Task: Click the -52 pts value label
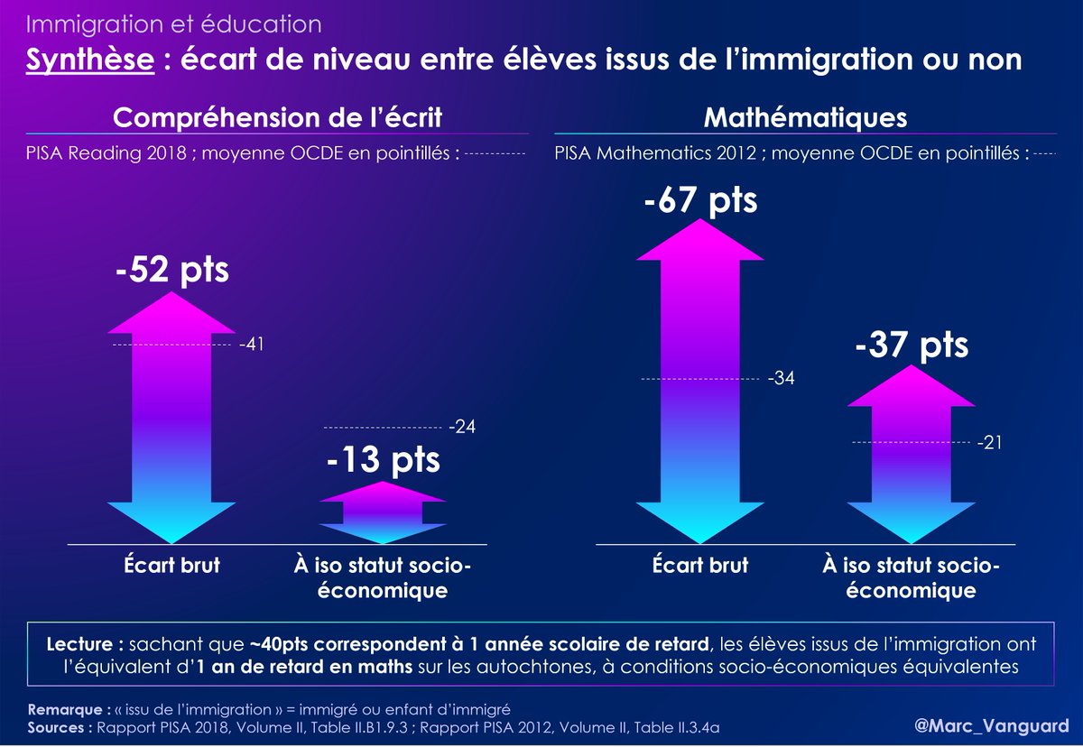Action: tap(171, 270)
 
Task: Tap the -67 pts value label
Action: tap(700, 200)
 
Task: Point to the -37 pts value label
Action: tap(910, 346)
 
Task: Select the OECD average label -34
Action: tap(782, 378)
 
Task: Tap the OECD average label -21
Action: tap(990, 442)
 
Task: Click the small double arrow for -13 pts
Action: tap(383, 510)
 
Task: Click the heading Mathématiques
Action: tap(805, 118)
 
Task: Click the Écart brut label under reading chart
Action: tap(172, 566)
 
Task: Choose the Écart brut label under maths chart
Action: tap(700, 566)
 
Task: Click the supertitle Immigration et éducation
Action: tap(173, 24)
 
